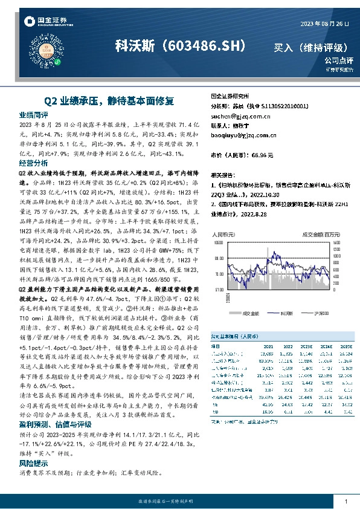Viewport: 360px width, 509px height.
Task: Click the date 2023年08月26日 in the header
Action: (x=326, y=24)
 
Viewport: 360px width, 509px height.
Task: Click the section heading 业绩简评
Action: (x=33, y=114)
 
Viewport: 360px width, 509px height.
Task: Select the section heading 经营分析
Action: (x=33, y=163)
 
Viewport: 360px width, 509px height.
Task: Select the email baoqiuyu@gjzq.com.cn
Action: (x=243, y=136)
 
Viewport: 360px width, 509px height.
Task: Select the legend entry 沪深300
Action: (x=322, y=314)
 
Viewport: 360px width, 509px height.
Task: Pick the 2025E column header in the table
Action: (x=326, y=346)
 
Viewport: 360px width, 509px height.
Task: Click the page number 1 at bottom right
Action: (x=345, y=501)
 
